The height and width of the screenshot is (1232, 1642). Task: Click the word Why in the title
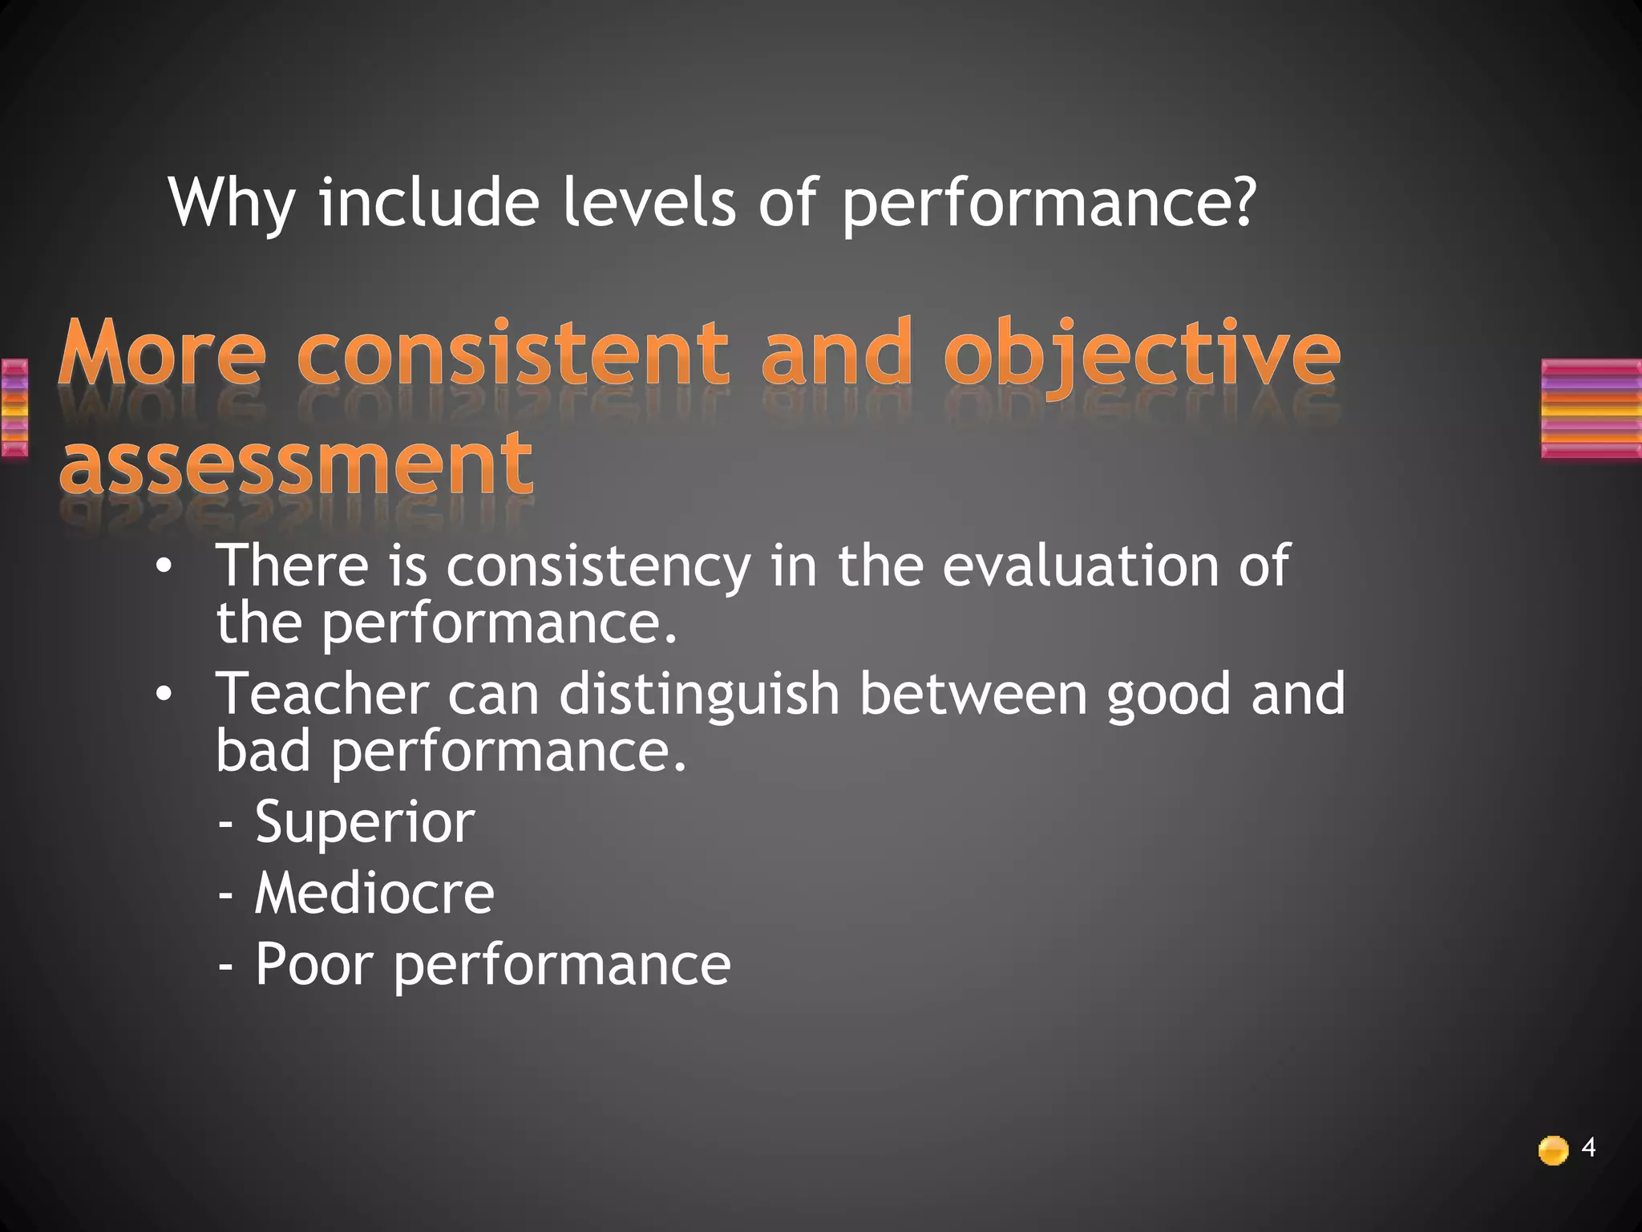[x=232, y=202]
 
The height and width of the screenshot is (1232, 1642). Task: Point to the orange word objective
[x=1142, y=355]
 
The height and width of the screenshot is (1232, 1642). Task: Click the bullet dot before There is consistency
[x=164, y=567]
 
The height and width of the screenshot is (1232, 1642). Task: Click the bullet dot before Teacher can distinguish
[x=164, y=695]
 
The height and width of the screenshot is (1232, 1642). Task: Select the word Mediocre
[x=374, y=893]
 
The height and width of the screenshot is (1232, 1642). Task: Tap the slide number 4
[x=1588, y=1148]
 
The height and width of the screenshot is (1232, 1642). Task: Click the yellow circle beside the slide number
[x=1553, y=1150]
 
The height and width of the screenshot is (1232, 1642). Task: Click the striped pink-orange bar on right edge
[x=1591, y=409]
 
